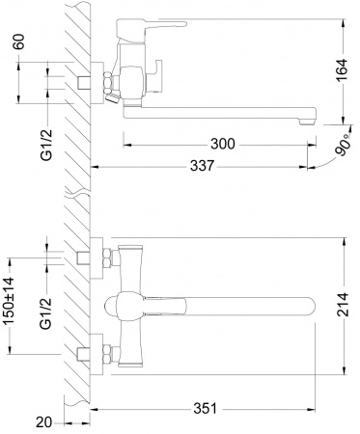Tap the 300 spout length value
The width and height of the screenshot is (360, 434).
[x=222, y=144]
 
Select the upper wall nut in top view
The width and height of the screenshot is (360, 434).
[x=99, y=258]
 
